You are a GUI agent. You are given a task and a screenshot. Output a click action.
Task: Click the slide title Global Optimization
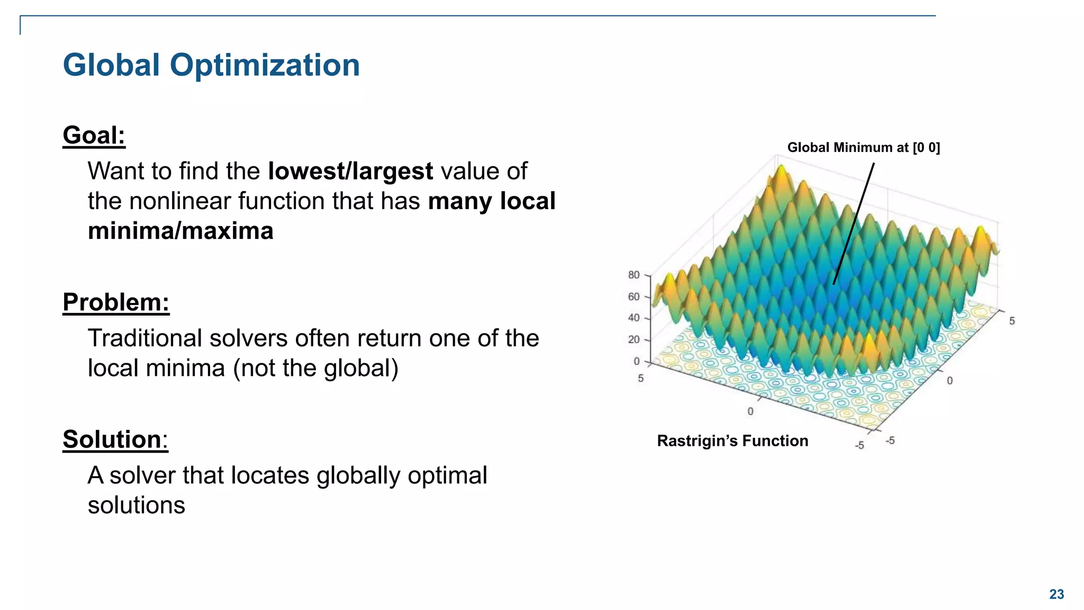pos(211,65)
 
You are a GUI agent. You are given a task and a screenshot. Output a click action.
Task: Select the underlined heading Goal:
pos(94,135)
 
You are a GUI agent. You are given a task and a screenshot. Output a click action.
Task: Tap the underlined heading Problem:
pos(116,302)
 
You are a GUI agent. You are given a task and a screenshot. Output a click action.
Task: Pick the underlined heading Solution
pos(112,439)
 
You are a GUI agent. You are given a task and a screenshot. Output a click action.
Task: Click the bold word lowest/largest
pos(350,171)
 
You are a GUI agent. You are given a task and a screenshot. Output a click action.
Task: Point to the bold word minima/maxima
pos(180,231)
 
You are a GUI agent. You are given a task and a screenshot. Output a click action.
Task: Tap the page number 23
pos(1056,594)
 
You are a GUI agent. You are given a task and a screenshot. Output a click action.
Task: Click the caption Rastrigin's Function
pos(732,441)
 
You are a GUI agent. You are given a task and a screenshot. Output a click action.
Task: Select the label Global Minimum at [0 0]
pos(863,147)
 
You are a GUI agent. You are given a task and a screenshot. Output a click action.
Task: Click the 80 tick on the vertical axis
pos(634,275)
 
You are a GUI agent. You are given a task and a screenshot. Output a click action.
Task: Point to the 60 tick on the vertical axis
pos(634,297)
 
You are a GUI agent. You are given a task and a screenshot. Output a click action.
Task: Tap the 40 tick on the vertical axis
pos(634,318)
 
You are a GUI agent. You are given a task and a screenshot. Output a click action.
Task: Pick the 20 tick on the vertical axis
pos(634,339)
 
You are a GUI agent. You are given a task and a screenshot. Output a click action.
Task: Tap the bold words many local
pos(491,201)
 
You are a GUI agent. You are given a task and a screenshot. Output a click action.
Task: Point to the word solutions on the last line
pos(136,505)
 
